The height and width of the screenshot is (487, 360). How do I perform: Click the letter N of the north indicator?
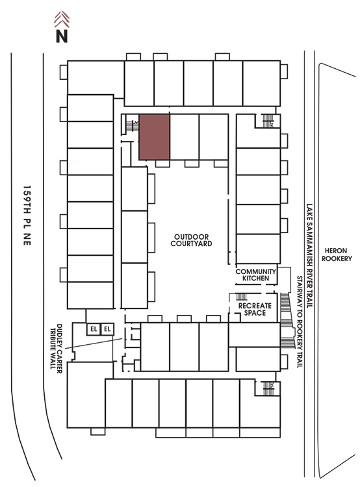click(x=62, y=36)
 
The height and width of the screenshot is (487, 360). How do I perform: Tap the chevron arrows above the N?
click(x=62, y=19)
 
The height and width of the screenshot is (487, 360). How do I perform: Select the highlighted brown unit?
click(x=154, y=137)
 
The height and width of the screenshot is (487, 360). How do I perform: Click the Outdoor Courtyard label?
click(x=191, y=240)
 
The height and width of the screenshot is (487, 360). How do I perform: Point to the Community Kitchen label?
click(x=255, y=275)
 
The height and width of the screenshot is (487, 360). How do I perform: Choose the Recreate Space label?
click(x=255, y=309)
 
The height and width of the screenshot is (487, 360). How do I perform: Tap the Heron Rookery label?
click(x=337, y=255)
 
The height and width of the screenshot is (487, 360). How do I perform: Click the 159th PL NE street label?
click(x=27, y=216)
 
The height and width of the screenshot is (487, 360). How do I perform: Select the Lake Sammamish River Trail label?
click(x=309, y=256)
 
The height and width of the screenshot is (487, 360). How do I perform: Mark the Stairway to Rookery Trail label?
click(x=300, y=322)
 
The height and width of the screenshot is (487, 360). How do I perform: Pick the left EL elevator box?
click(x=94, y=329)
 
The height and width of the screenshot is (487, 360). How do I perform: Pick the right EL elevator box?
click(x=108, y=329)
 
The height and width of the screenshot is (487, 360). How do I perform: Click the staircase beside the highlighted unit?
click(x=131, y=125)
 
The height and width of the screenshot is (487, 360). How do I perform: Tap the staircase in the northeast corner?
click(x=268, y=121)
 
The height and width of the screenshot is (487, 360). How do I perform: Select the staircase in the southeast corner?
click(x=268, y=388)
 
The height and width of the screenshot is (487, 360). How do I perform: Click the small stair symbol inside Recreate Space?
click(x=242, y=297)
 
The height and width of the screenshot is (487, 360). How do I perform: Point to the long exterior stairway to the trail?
click(x=287, y=320)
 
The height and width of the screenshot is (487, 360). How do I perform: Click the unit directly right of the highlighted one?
click(x=185, y=137)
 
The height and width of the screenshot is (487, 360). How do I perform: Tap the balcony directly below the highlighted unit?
click(x=162, y=164)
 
